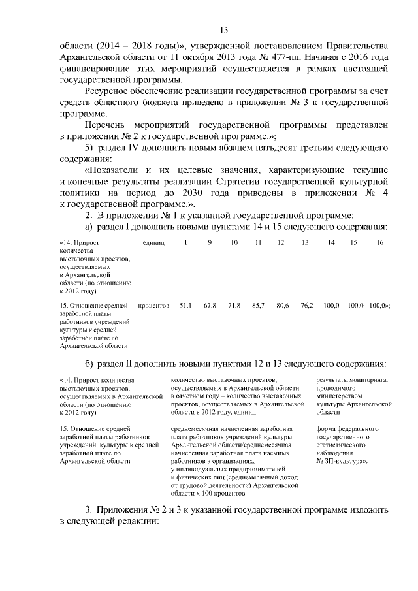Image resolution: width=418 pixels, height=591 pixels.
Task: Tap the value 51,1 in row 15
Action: point(185,305)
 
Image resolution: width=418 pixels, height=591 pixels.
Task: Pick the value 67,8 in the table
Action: point(210,305)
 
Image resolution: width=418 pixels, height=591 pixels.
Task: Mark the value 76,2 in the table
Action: point(307,305)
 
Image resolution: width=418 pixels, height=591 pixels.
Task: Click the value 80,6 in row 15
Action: point(283,305)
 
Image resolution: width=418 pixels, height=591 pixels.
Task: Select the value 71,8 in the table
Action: point(234,305)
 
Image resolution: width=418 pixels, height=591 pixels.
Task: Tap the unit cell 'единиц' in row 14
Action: point(153,243)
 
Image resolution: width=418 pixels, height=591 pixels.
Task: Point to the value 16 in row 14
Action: point(379,243)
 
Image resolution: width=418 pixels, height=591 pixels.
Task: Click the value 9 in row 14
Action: point(210,243)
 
